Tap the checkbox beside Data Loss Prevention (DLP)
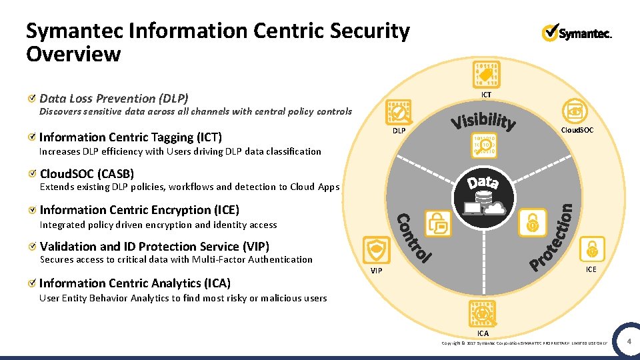click(33, 99)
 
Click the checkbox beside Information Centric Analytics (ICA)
click(33, 283)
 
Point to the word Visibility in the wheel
click(483, 121)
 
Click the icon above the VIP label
click(377, 250)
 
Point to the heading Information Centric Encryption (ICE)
click(139, 210)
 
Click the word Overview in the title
click(73, 54)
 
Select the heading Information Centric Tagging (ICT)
click(131, 137)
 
